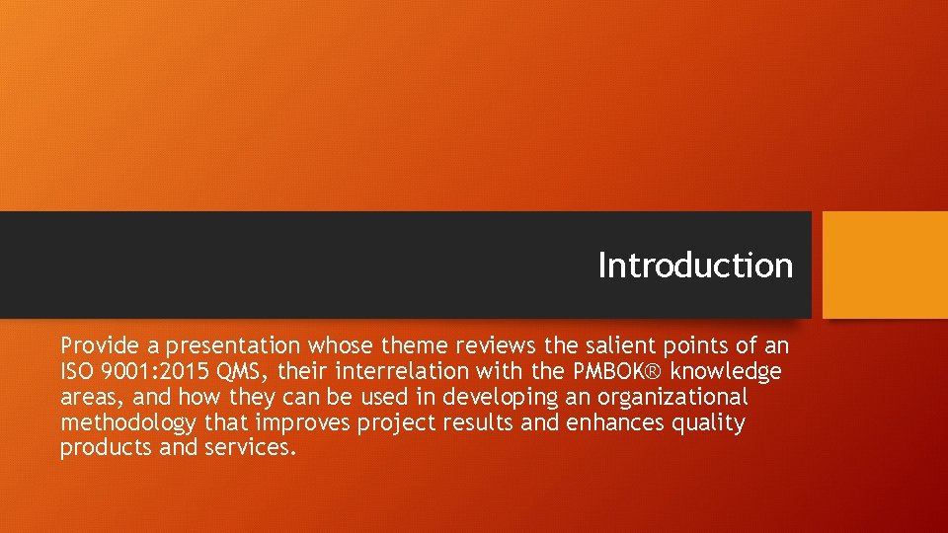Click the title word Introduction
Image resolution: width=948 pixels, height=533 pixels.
[x=695, y=266]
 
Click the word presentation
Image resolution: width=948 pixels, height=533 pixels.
[x=233, y=345]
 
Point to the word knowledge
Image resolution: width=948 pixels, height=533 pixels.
[x=726, y=371]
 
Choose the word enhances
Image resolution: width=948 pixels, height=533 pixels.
[x=617, y=422]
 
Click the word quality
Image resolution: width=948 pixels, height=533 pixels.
[x=709, y=422]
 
